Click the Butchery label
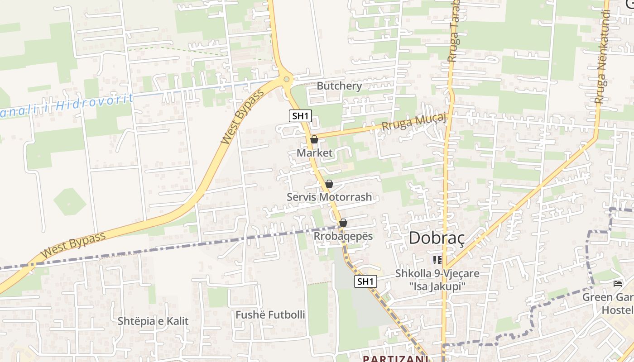339,86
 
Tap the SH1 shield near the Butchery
300,116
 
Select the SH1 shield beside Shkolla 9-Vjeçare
365,281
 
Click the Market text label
314,153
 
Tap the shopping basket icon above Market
314,139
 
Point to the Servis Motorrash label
329,197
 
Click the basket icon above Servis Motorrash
329,184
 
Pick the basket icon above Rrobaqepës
343,223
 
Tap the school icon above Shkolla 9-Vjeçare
437,260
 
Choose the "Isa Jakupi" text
437,286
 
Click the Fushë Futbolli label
270,314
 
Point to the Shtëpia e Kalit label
153,321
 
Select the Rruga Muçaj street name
414,122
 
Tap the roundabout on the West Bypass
286,80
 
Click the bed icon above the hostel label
617,284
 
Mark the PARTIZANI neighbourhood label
395,358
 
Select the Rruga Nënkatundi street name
601,57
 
